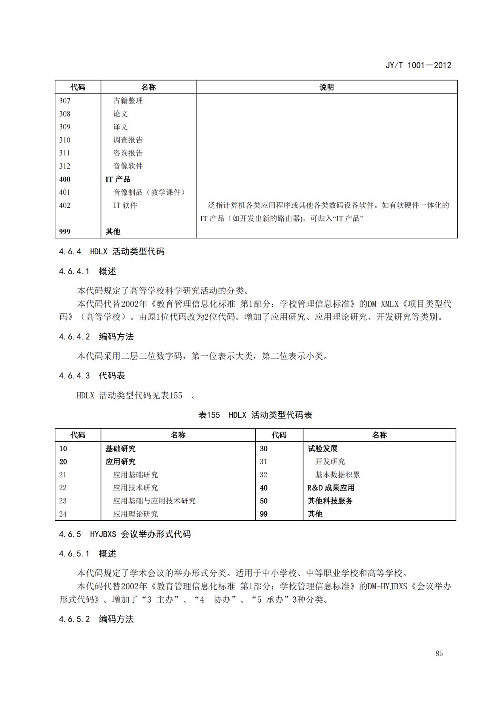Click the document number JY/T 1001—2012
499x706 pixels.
(x=418, y=65)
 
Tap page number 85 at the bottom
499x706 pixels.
(x=439, y=653)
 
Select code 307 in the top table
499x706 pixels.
(x=65, y=101)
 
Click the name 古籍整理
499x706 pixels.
(x=128, y=101)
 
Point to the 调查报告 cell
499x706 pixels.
(x=128, y=140)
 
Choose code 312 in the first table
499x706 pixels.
(x=65, y=166)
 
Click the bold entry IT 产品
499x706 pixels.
(x=118, y=179)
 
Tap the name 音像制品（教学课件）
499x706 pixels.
(x=150, y=192)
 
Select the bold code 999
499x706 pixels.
(x=65, y=232)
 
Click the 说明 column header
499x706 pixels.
(x=326, y=87)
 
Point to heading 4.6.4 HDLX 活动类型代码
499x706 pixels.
(x=112, y=252)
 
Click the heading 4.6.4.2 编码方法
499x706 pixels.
(x=96, y=337)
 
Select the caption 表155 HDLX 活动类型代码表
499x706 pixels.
(x=255, y=415)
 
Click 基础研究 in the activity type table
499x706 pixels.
(x=120, y=449)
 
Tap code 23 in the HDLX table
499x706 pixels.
(x=63, y=501)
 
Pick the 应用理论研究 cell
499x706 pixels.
(x=135, y=514)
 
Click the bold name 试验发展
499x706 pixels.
(x=322, y=449)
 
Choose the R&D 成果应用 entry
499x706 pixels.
(x=331, y=488)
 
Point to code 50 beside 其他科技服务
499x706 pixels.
(x=264, y=501)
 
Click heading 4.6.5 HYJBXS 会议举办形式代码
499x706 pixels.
(x=125, y=534)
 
